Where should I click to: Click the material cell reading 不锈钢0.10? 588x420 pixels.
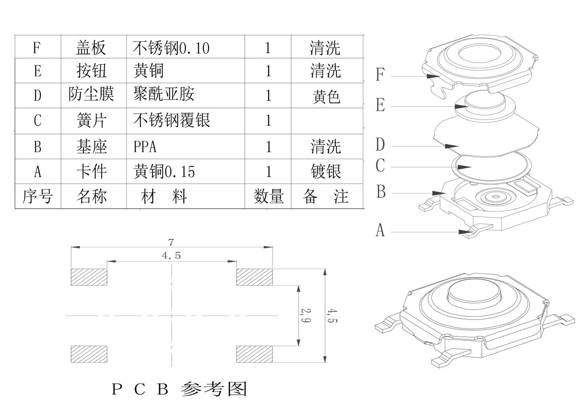click(x=171, y=48)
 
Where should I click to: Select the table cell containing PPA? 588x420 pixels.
click(x=145, y=147)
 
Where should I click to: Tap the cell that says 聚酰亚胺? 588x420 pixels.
click(x=164, y=95)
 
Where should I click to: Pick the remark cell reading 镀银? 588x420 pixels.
click(x=325, y=171)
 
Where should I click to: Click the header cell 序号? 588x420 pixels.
click(x=37, y=196)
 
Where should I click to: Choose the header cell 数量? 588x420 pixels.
click(x=268, y=196)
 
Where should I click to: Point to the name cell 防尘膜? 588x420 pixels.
click(x=92, y=95)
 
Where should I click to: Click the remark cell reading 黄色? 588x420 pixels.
click(x=326, y=97)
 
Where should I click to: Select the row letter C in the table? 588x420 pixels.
click(x=37, y=121)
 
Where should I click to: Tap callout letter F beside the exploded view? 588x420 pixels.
click(x=380, y=75)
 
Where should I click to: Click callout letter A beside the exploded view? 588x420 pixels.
click(x=380, y=230)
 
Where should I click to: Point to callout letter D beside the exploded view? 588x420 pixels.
click(x=380, y=145)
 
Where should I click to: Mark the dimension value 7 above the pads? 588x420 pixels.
click(x=171, y=242)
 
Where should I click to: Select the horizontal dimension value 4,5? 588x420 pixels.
click(x=171, y=255)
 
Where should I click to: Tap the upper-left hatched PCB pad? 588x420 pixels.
click(x=89, y=277)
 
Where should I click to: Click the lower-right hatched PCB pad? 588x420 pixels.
click(x=255, y=354)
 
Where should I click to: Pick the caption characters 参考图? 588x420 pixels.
click(x=214, y=389)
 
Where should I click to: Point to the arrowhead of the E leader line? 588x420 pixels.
click(x=461, y=106)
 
